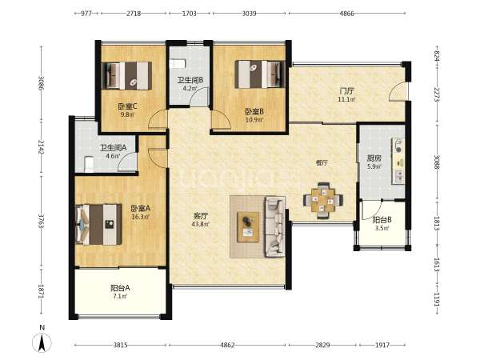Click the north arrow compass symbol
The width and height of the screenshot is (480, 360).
[x=42, y=341]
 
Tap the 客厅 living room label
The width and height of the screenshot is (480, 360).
[x=200, y=216]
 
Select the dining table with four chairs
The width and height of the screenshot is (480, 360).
[x=322, y=200]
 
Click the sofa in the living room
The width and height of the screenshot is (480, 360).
[x=275, y=227]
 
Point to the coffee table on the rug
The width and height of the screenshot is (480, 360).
[x=248, y=227]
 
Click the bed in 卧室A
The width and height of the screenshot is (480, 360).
[x=98, y=224]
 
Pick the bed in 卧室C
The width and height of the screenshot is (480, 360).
[x=126, y=76]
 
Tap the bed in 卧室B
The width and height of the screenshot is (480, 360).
[x=260, y=74]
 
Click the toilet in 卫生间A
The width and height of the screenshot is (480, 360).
[x=89, y=164]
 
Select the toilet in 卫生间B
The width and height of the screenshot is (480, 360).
[x=178, y=64]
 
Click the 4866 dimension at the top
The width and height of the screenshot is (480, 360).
[x=347, y=14]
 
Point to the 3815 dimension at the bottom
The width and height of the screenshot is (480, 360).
[x=120, y=346]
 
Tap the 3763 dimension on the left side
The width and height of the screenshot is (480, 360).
[x=41, y=221]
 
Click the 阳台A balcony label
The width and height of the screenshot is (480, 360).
[x=120, y=288]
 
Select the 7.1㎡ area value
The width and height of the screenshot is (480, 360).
[x=120, y=296]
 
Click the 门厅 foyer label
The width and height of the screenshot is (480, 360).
[x=347, y=91]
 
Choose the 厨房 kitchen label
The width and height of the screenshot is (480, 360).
[x=374, y=158]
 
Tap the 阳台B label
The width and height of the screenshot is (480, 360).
[x=382, y=220]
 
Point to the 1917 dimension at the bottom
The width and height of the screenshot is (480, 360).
[x=382, y=346]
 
